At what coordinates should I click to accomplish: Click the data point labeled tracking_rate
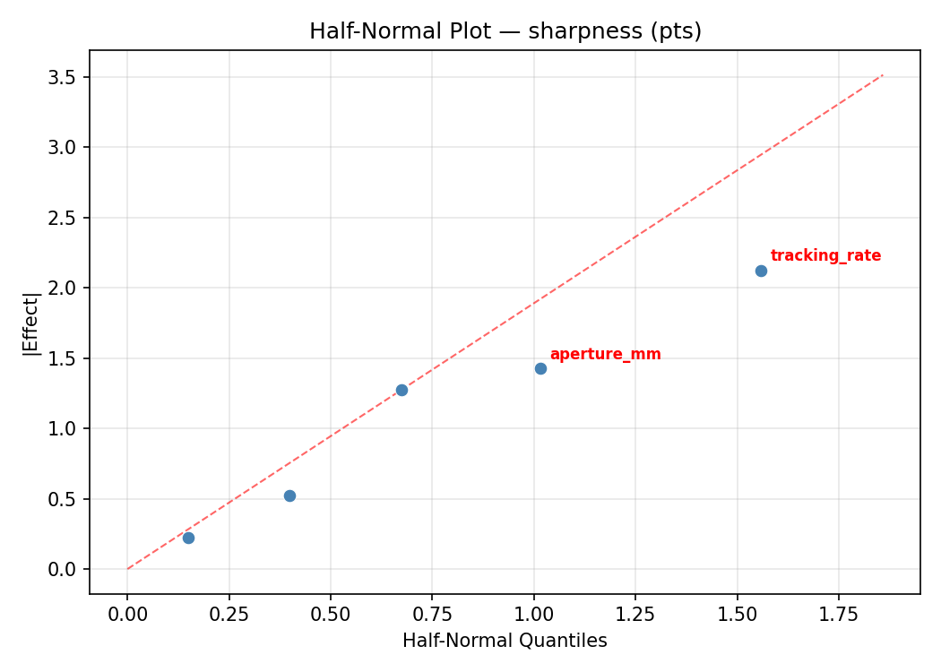[761, 271]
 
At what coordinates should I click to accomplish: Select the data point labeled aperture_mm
[540, 368]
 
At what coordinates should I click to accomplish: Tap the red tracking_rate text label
[825, 256]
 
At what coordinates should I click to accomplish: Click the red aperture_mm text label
[605, 355]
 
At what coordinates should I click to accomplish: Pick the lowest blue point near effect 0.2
[188, 538]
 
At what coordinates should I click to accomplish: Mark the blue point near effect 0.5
[289, 495]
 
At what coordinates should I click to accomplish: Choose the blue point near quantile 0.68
[401, 390]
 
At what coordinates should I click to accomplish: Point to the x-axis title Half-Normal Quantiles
[505, 641]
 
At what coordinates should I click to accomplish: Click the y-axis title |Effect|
[31, 323]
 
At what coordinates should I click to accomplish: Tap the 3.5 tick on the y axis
[68, 77]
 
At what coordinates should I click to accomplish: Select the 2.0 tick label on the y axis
[68, 288]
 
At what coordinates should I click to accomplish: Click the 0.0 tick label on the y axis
[68, 569]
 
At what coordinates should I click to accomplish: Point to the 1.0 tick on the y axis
[68, 428]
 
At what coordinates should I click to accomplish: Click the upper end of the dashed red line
[883, 75]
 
